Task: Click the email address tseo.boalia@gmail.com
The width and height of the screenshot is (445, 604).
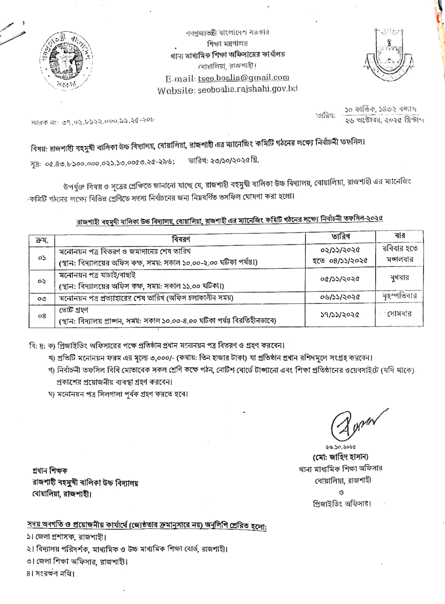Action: click(243, 78)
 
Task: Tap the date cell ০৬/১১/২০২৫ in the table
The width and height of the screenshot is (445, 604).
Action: click(340, 297)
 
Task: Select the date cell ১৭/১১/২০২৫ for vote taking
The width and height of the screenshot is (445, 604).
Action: click(340, 315)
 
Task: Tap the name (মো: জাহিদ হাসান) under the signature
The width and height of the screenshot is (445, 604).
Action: click(340, 456)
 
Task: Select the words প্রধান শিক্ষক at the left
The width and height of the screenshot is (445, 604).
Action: click(50, 471)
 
